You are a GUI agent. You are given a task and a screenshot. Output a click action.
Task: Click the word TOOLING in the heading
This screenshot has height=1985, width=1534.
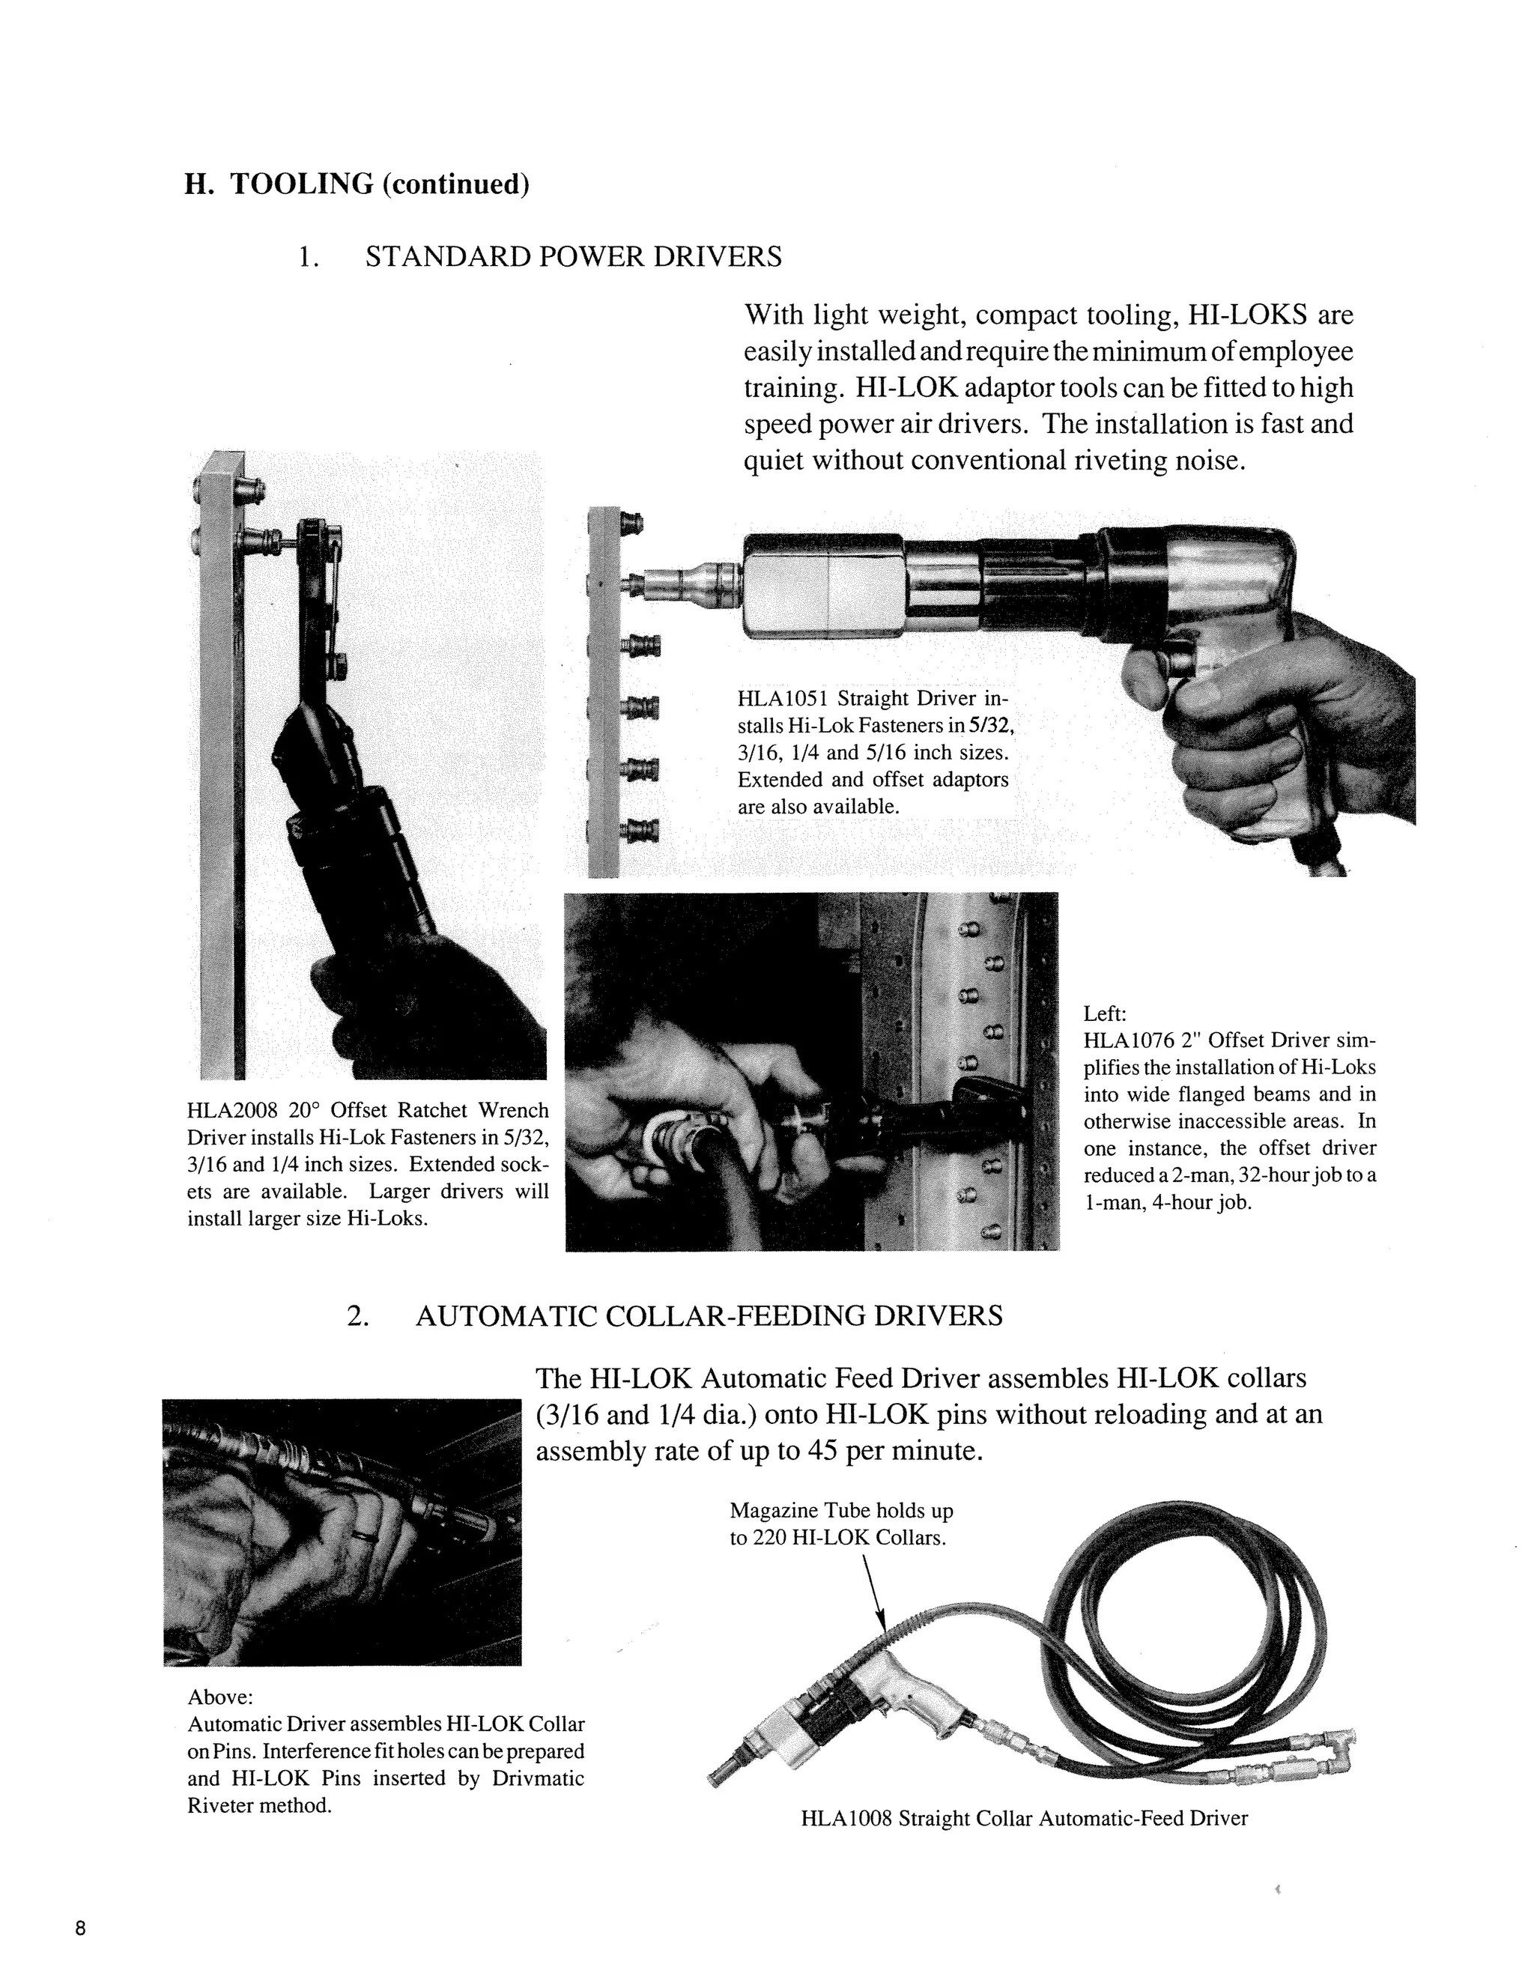coord(302,184)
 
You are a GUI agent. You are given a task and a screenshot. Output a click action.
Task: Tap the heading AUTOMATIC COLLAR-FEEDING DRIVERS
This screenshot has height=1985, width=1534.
coord(709,1315)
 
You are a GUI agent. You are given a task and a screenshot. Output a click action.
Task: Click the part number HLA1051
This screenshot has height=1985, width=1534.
coord(783,699)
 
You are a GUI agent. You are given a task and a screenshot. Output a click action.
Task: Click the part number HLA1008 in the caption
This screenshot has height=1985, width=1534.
coord(845,1819)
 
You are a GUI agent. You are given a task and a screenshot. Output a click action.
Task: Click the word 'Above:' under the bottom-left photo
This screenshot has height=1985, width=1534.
coord(220,1697)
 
